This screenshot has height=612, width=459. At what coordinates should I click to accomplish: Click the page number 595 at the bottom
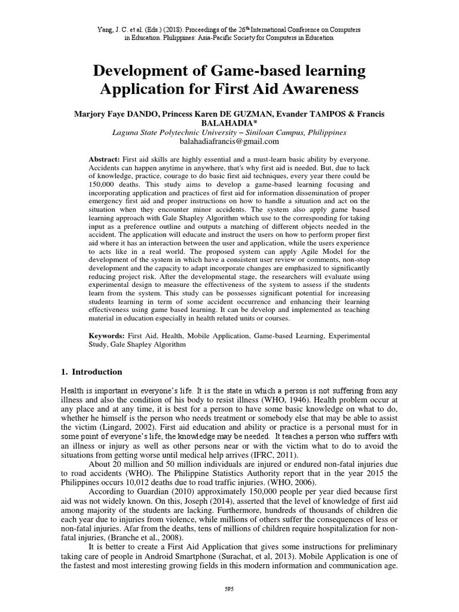coord(229,589)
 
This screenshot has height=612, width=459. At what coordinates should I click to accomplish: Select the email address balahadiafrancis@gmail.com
coord(229,142)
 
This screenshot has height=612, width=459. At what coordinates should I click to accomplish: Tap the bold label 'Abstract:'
coord(104,160)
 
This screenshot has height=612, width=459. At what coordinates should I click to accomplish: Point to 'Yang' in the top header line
coord(106,29)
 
